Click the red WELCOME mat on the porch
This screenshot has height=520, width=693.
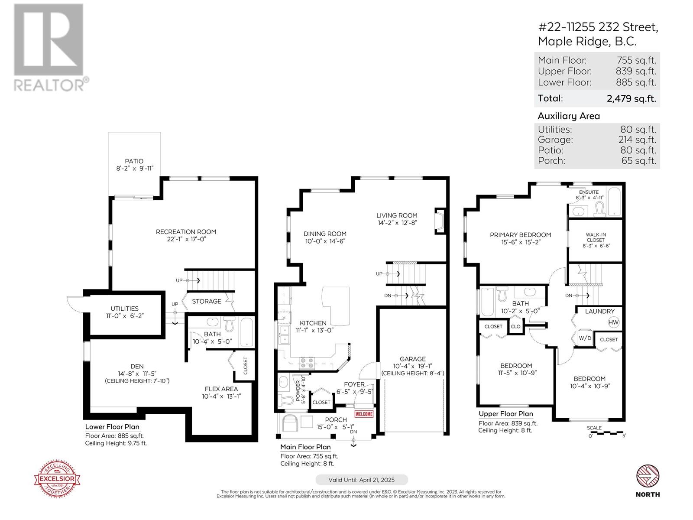364,414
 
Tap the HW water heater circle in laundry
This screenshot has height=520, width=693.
614,322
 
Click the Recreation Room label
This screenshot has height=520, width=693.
186,232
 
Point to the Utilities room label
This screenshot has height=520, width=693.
124,309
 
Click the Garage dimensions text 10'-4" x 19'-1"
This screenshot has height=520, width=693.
412,366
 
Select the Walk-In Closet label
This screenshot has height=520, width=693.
596,237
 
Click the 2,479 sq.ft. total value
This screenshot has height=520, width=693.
631,98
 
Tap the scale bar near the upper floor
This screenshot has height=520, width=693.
605,433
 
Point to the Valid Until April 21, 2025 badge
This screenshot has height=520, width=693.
361,480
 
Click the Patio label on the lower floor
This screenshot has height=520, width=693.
134,161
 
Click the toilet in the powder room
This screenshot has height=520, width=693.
287,399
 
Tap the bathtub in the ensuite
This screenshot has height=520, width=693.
614,202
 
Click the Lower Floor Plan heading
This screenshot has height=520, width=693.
112,427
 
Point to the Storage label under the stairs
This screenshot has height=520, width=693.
207,301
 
